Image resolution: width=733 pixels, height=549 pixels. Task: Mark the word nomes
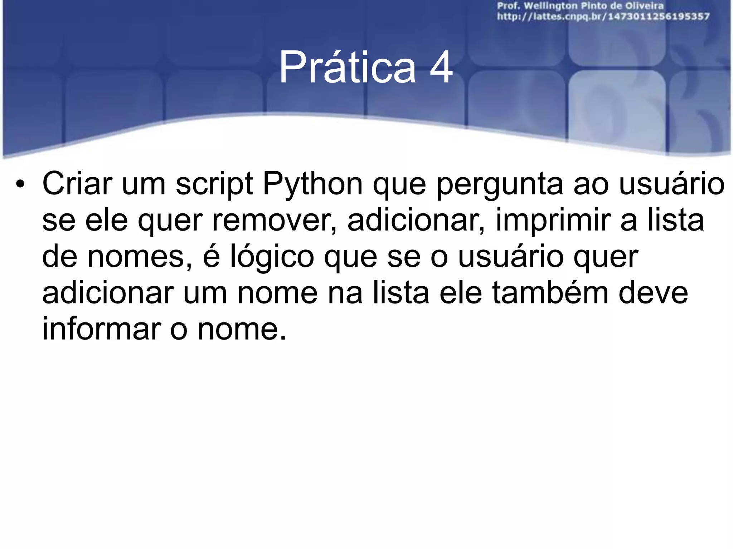click(140, 257)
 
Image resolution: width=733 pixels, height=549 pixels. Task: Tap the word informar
click(101, 329)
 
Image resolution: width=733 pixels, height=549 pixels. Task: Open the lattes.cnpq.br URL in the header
click(603, 16)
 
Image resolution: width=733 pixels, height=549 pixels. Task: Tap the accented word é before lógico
click(211, 257)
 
